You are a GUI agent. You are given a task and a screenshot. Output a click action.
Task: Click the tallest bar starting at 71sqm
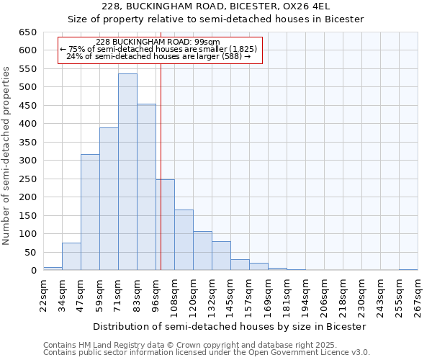[x=127, y=173]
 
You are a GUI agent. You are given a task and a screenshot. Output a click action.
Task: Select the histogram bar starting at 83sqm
[x=146, y=187]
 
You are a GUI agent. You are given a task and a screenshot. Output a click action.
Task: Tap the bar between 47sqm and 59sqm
[x=90, y=212]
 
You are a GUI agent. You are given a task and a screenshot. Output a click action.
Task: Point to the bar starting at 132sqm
[x=221, y=256]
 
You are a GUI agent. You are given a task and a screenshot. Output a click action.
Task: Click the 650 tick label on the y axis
[x=27, y=32]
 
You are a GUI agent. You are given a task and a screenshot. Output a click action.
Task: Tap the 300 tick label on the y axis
[x=27, y=161]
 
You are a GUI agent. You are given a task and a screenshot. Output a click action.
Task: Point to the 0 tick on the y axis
[x=33, y=271]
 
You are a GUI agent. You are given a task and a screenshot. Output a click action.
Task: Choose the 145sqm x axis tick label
[x=230, y=295]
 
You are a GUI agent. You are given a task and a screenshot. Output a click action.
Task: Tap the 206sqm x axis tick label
[x=324, y=295]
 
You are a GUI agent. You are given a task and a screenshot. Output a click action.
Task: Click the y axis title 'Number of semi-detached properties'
[x=7, y=156]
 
